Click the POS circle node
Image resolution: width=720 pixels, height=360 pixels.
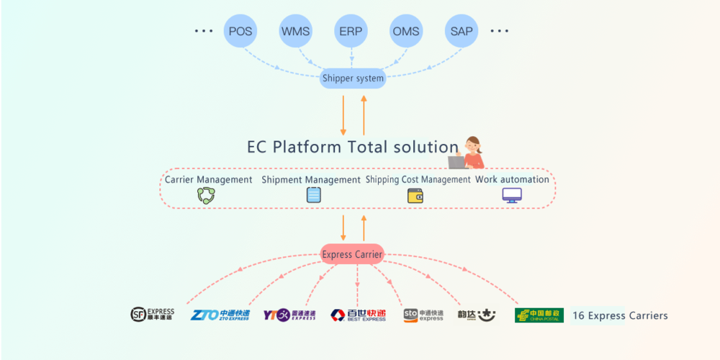pyautogui.click(x=240, y=32)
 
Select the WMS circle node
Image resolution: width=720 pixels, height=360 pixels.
pyautogui.click(x=296, y=32)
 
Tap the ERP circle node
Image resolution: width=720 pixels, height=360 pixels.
pyautogui.click(x=351, y=32)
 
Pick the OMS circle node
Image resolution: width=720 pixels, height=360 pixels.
pyautogui.click(x=406, y=32)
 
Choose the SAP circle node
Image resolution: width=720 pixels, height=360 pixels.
pyautogui.click(x=462, y=32)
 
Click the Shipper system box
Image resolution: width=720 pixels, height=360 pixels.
pyautogui.click(x=353, y=78)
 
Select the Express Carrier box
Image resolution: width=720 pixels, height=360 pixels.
pyautogui.click(x=352, y=254)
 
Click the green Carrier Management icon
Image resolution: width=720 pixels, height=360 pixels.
pyautogui.click(x=207, y=195)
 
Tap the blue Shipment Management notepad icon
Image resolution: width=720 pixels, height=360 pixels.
pyautogui.click(x=313, y=195)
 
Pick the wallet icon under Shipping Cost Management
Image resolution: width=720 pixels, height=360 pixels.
pyautogui.click(x=415, y=195)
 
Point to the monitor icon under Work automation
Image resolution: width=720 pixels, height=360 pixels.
pyautogui.click(x=512, y=195)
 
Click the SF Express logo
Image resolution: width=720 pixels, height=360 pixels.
pyautogui.click(x=152, y=315)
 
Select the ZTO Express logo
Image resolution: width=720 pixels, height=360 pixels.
pyautogui.click(x=220, y=315)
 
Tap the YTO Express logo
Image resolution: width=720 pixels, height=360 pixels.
pyautogui.click(x=289, y=315)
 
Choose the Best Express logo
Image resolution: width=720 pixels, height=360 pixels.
pyautogui.click(x=358, y=315)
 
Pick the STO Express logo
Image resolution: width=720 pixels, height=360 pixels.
pyautogui.click(x=423, y=315)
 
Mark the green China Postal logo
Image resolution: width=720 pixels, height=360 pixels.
pyautogui.click(x=539, y=315)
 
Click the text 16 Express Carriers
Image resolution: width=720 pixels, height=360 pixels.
pyautogui.click(x=620, y=315)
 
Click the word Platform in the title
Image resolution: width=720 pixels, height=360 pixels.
pyautogui.click(x=308, y=147)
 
